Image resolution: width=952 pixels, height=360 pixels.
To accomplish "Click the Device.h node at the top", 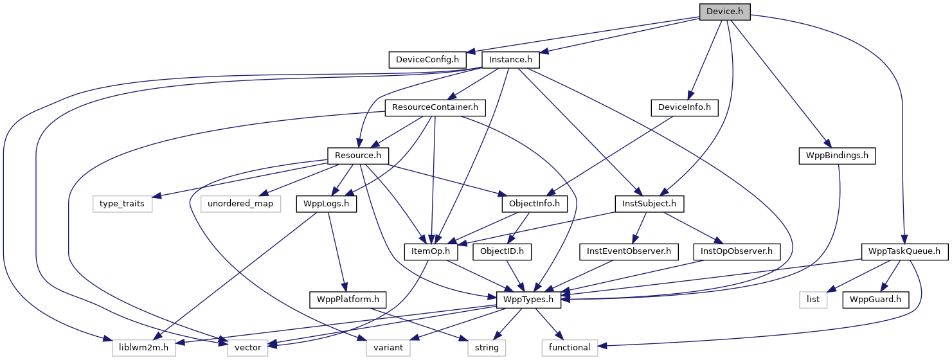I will coord(724,12).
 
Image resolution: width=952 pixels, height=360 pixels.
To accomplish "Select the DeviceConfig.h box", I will coord(427,60).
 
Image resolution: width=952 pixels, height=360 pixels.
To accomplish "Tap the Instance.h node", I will coord(511,60).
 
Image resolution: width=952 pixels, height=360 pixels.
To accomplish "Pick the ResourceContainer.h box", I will coord(435,107).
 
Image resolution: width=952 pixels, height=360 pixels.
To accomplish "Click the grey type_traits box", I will coord(121,204).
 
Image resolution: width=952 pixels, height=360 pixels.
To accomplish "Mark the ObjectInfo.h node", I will coord(530,204).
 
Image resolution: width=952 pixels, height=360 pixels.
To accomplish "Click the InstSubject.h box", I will coord(649,204).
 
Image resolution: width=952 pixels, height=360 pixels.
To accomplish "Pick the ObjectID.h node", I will coord(502,251).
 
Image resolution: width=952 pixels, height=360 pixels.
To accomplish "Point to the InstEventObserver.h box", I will coord(629,251).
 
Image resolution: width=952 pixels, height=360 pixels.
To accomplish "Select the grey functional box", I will coord(570,347).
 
